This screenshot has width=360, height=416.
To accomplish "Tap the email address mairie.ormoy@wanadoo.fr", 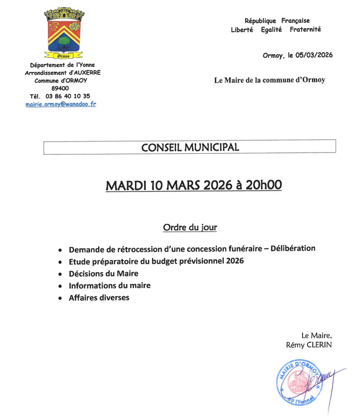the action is [61, 105].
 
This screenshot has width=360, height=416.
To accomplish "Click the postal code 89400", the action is [60, 88].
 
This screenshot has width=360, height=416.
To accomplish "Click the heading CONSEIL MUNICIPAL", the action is [190, 148].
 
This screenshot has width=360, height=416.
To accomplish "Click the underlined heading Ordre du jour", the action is [190, 227].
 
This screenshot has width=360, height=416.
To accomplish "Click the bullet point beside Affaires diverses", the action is [59, 298].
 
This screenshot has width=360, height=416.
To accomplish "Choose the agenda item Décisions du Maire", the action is [103, 273].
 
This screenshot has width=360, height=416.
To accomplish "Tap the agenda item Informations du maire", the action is [109, 285].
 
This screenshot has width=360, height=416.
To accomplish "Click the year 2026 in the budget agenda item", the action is [234, 261].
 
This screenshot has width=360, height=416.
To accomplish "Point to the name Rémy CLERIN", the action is [309, 345].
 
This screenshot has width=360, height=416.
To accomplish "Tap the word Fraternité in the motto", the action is [305, 29].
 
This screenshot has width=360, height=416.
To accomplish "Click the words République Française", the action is [277, 21].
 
